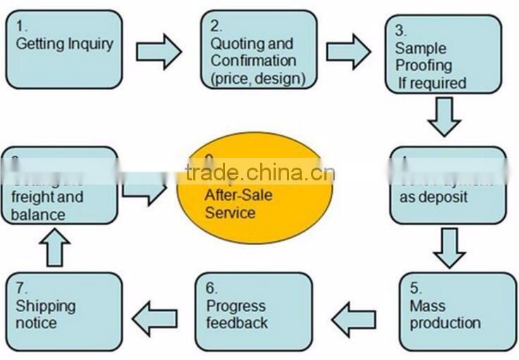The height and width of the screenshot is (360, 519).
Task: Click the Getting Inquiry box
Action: (63, 49)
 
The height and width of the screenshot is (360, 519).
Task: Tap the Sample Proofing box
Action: (443, 55)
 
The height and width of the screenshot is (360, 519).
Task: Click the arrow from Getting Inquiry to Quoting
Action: (159, 51)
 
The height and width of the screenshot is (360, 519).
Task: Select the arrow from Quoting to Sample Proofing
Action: (348, 51)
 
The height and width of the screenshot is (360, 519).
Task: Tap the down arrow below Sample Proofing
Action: (444, 116)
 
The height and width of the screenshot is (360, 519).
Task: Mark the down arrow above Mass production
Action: (449, 247)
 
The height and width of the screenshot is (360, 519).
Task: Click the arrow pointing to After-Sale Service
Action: (145, 189)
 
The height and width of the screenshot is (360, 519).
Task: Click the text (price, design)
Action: (258, 78)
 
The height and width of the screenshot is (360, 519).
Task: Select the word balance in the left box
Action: (39, 214)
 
